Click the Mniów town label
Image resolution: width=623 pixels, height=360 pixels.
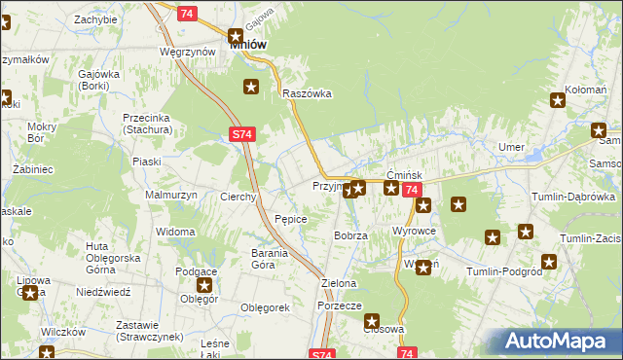point(248,44)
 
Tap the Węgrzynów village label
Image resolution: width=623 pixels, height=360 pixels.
point(187,51)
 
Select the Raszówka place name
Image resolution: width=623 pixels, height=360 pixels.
point(308,93)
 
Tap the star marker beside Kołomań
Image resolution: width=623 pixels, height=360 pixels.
point(558,98)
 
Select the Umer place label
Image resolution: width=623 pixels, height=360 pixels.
point(511,147)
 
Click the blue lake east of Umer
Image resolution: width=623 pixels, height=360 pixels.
point(533,152)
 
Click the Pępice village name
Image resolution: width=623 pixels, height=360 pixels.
point(291,219)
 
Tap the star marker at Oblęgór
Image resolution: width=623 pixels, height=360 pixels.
point(204,285)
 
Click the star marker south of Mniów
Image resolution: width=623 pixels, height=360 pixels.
point(251,88)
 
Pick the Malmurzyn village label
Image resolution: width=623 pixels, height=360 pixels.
point(170,195)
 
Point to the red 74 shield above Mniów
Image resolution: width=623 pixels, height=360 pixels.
point(188,13)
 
